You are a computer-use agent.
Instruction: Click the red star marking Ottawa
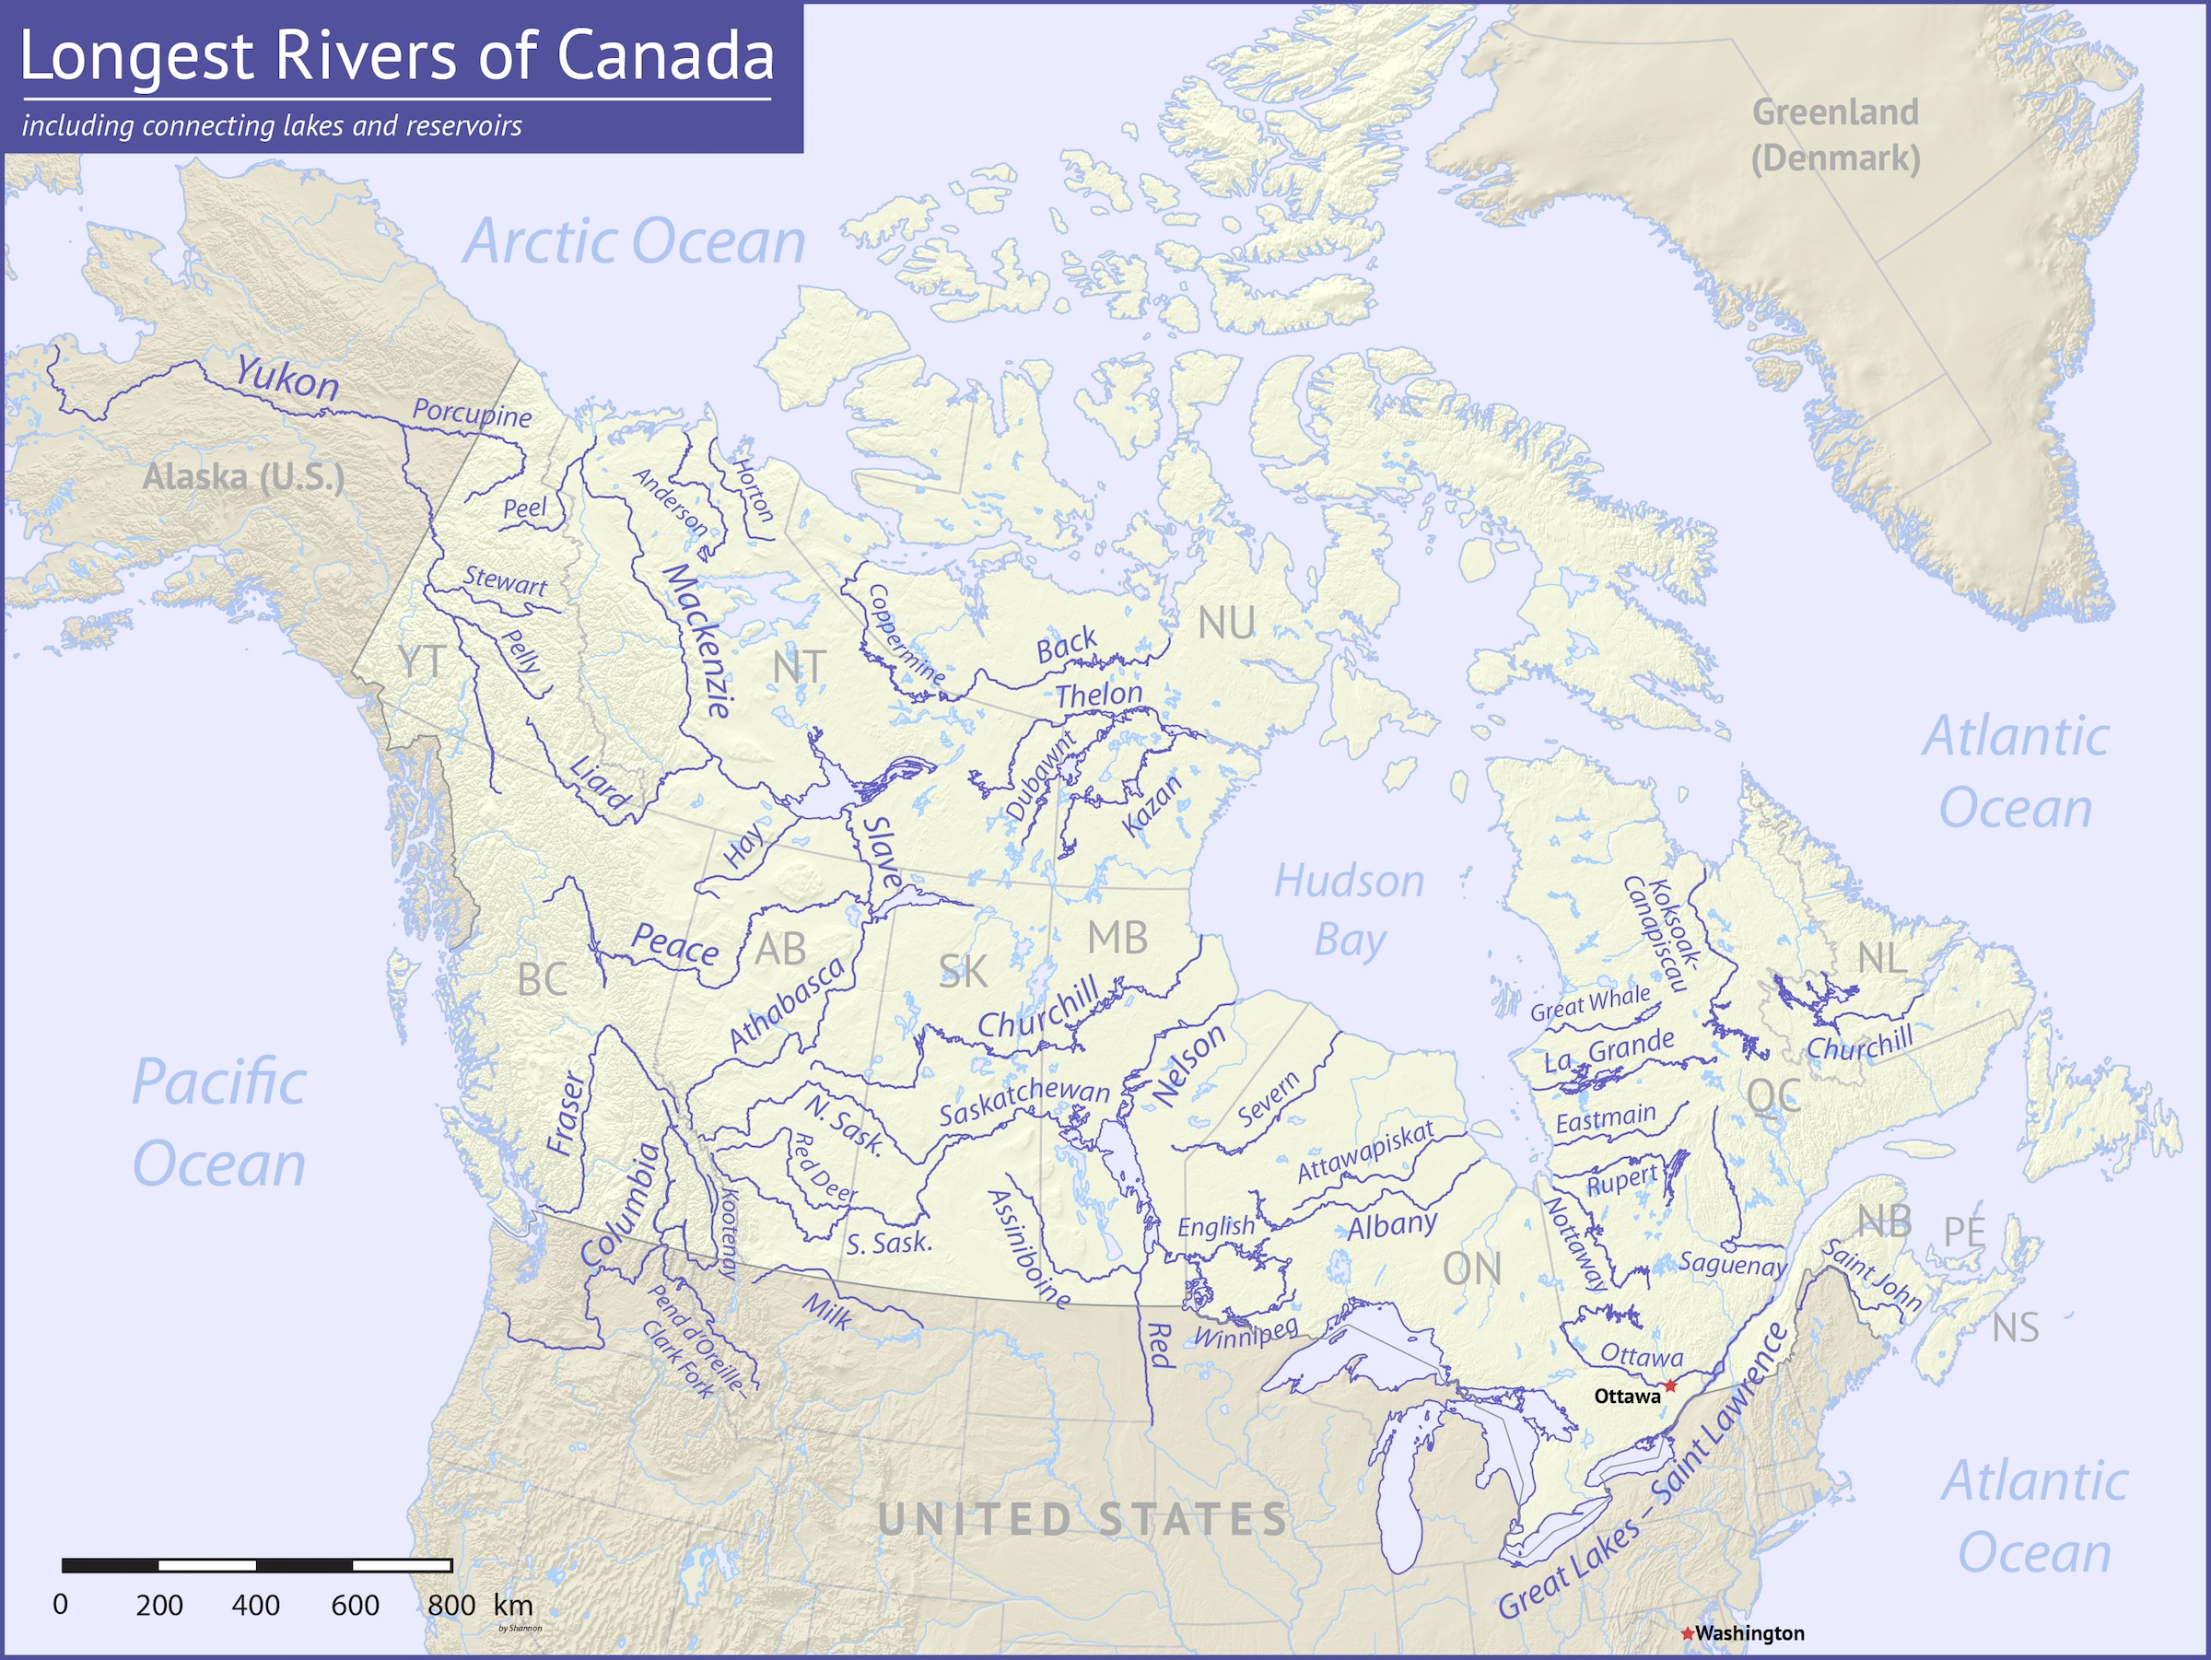pos(1670,1386)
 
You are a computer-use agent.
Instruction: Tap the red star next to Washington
pos(1687,1633)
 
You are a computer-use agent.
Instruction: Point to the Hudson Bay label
pos(1350,910)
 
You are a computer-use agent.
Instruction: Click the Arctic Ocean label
pos(635,242)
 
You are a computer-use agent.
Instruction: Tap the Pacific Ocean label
pos(219,1123)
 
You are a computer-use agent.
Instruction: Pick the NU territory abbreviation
pos(1225,624)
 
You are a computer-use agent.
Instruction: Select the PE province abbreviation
pos(1964,1232)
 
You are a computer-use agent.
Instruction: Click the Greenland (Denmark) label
pos(1835,134)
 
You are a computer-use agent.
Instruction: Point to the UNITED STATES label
pos(1083,1520)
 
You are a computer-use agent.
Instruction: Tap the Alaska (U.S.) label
pos(243,476)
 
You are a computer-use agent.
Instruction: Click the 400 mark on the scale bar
pos(256,1605)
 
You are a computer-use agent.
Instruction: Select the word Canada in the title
pos(665,55)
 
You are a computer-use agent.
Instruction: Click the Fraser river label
pos(567,1114)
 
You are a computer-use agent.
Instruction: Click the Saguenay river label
pos(1732,1264)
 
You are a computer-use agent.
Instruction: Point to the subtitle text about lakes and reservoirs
pos(272,126)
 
